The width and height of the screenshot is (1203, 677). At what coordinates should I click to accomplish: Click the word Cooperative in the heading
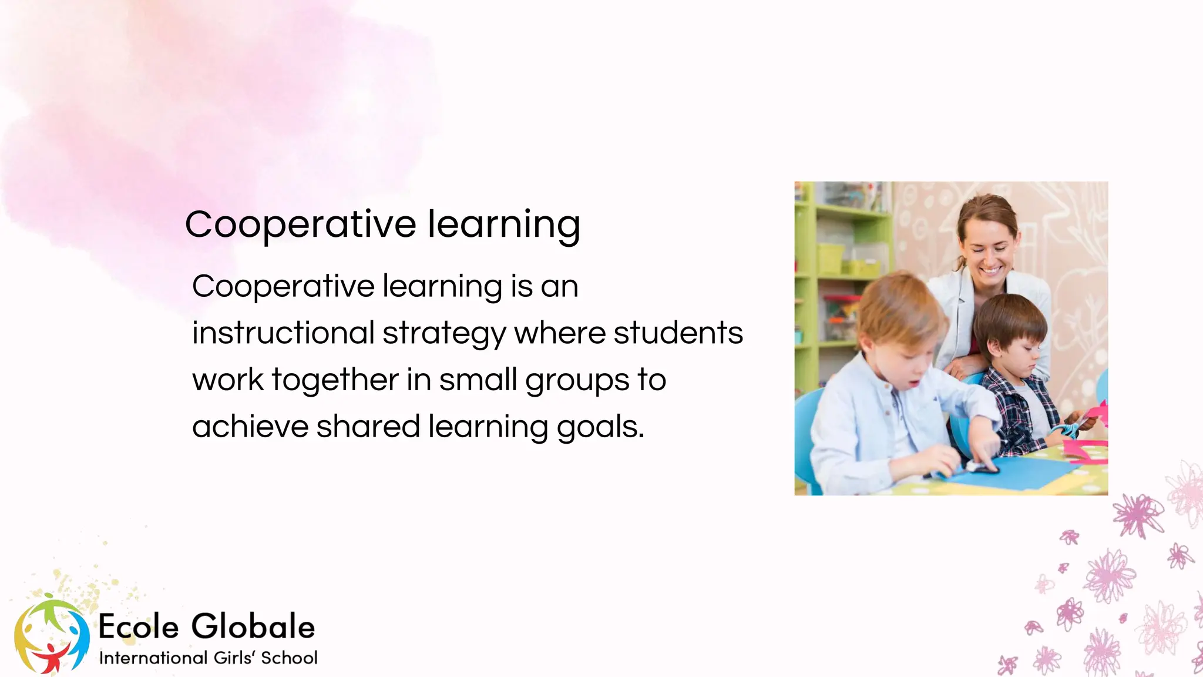(x=301, y=224)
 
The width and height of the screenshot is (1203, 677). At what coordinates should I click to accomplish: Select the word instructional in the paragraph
(x=283, y=333)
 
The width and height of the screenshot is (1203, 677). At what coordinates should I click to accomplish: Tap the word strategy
(x=444, y=333)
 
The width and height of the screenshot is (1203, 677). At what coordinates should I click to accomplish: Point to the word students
(x=678, y=333)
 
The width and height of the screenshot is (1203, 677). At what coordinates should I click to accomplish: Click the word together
(x=335, y=380)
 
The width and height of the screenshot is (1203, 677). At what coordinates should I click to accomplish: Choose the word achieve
(x=250, y=427)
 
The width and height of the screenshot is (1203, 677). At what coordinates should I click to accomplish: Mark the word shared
(x=368, y=427)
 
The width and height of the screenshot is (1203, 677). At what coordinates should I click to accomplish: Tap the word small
(x=478, y=380)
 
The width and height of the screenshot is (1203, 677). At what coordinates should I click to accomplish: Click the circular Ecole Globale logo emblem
(x=52, y=635)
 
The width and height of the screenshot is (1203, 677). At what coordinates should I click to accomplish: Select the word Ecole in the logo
(x=139, y=626)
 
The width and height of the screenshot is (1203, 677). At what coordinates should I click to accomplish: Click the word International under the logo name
(x=153, y=658)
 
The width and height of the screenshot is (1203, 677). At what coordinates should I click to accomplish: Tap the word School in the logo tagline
(x=289, y=658)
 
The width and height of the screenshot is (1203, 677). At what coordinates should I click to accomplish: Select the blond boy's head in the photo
(x=899, y=329)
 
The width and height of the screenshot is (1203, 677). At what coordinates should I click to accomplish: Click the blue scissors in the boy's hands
(x=1066, y=428)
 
